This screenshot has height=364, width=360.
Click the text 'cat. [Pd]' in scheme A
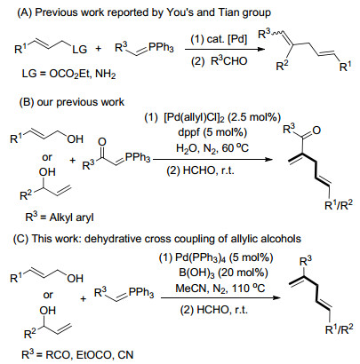227,39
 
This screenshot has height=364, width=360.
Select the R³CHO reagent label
228,61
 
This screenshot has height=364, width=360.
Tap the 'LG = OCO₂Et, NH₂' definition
68,74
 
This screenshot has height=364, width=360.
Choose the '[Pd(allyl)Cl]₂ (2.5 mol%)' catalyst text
222,117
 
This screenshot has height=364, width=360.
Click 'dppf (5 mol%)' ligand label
212,132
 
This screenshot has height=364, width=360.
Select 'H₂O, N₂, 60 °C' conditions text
212,147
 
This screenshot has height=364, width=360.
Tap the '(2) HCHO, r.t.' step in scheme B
200,170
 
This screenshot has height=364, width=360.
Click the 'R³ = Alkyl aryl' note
60,218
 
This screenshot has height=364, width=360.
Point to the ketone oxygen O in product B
316,131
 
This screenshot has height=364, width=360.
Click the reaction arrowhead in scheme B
268,160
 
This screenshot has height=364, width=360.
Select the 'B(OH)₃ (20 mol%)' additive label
223,273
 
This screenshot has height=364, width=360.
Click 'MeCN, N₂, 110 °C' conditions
220,288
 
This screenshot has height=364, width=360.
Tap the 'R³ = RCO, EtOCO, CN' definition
77,354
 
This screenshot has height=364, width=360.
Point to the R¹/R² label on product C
340,328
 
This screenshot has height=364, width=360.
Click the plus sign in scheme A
99,48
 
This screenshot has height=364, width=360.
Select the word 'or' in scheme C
48,295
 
